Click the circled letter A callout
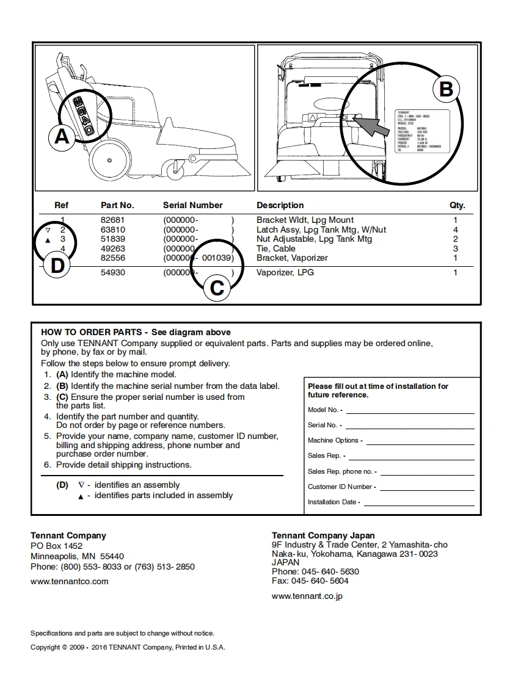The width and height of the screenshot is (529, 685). coord(62,136)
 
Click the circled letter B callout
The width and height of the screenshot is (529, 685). coord(446,89)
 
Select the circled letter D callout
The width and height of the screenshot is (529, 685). coord(57,266)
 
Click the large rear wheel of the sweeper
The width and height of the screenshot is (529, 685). coord(109,161)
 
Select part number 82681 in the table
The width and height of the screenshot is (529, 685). coord(112,220)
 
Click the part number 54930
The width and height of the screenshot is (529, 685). coord(112,272)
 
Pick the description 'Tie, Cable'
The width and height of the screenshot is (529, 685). coord(276,248)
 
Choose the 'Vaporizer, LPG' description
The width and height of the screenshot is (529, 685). coord(285,272)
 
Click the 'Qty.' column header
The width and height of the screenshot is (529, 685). coord(457,205)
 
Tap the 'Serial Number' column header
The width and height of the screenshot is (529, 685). coord(192,205)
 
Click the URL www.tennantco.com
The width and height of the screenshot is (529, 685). coord(70,581)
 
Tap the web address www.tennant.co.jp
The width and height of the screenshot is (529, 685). coord(307,596)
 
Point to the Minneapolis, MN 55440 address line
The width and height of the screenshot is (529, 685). coord(77,556)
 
